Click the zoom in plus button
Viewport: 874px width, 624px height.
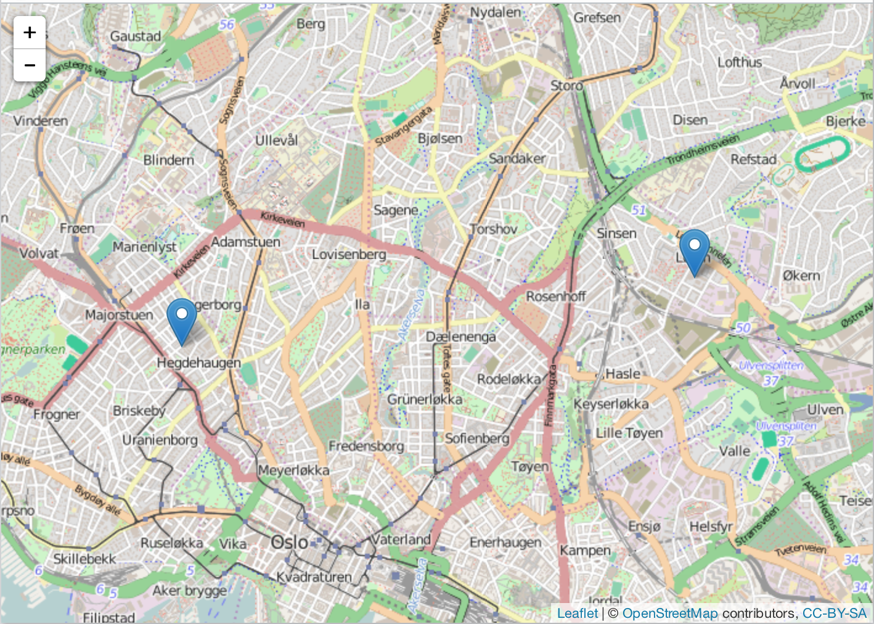click(x=30, y=32)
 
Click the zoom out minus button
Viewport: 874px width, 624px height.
click(x=30, y=65)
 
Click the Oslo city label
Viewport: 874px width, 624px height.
click(x=290, y=543)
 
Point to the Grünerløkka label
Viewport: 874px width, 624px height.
click(x=425, y=400)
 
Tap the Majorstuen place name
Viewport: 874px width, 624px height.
click(x=119, y=315)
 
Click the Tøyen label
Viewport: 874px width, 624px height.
click(x=529, y=467)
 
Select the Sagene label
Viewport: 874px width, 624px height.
click(x=396, y=210)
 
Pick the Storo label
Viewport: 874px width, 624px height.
click(x=566, y=86)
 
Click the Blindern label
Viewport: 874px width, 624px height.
click(x=168, y=160)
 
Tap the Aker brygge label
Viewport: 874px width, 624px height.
click(x=189, y=591)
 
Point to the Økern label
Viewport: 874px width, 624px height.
click(x=801, y=276)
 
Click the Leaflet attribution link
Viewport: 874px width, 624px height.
click(x=577, y=613)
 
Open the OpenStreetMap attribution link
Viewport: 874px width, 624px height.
click(x=670, y=613)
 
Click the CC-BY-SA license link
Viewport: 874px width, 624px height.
click(x=835, y=613)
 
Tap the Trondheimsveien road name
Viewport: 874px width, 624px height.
click(x=703, y=150)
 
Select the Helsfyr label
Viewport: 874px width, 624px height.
click(x=711, y=527)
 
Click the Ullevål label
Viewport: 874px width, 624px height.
click(x=277, y=141)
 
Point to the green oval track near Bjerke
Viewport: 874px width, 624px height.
click(x=822, y=154)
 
